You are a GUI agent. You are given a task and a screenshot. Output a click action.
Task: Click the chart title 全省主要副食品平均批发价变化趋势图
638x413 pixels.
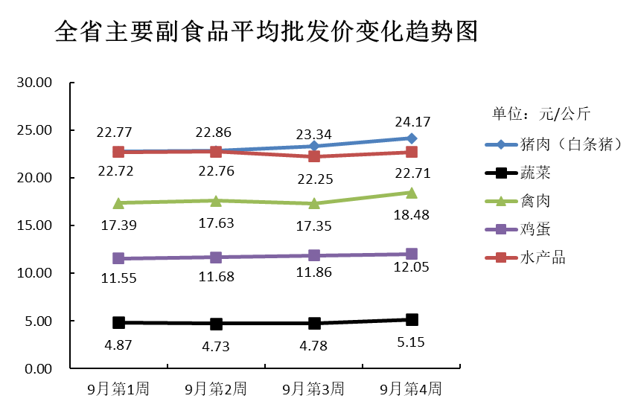click(266, 33)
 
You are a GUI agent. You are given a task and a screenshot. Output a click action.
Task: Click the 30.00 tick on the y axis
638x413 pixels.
click(34, 83)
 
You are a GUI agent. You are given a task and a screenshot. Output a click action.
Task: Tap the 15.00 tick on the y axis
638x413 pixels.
click(34, 225)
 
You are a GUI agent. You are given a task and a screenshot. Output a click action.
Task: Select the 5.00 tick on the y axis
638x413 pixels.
click(37, 321)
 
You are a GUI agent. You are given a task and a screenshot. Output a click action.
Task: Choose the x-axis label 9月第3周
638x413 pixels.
click(313, 388)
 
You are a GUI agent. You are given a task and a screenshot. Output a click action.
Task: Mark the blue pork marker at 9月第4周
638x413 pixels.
click(412, 138)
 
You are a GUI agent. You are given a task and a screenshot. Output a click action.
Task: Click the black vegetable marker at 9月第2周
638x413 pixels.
click(216, 324)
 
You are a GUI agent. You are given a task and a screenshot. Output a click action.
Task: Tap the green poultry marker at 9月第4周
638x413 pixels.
click(412, 193)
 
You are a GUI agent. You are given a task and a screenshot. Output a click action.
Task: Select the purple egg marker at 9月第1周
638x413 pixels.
click(118, 258)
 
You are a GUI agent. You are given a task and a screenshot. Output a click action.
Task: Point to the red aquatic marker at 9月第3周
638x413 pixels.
click(314, 156)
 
